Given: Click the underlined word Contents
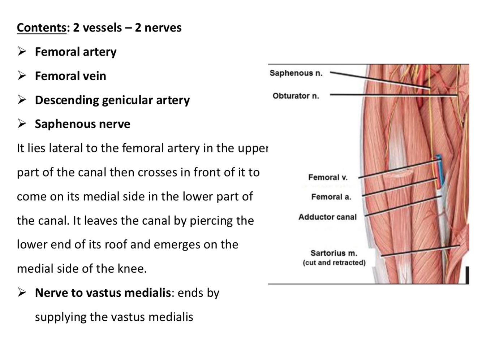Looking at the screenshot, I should click(42, 28).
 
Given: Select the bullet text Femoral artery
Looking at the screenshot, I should click(76, 52).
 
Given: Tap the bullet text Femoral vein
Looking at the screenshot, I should click(70, 76).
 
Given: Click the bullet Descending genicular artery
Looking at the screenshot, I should click(112, 100).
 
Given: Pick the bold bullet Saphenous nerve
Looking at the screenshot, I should click(82, 124).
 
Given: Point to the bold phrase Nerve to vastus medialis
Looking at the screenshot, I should click(103, 293).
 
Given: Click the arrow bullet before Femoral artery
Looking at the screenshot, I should click(22, 52).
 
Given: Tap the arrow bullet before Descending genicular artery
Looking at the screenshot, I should click(22, 100).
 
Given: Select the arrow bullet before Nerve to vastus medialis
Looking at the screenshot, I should click(22, 292).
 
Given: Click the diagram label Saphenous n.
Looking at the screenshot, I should click(296, 73).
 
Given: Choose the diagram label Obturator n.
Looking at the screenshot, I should click(296, 96).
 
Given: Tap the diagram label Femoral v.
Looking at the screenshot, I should click(328, 177).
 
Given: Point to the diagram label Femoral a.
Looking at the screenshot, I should click(331, 197).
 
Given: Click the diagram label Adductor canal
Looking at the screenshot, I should click(327, 217).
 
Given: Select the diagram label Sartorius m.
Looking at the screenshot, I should click(333, 253).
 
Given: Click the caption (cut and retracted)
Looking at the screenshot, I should click(334, 263).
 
